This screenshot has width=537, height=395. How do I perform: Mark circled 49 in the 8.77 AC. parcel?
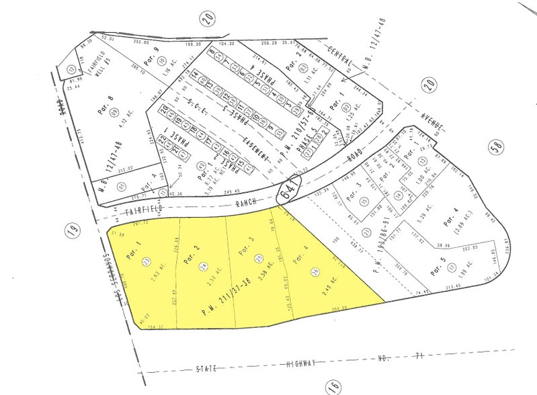(200, 165)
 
